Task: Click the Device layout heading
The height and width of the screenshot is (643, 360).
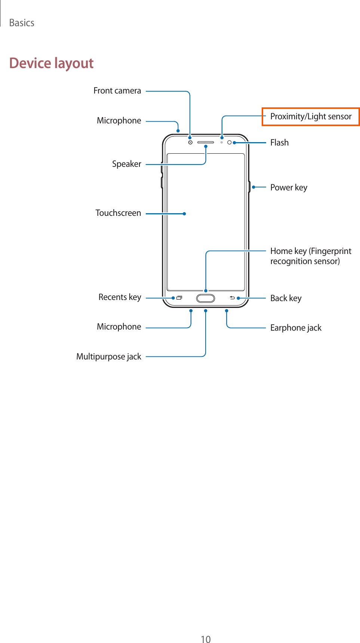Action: (x=51, y=63)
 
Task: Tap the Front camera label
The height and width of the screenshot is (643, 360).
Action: (x=117, y=91)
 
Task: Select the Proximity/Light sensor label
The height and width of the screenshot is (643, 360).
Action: (x=311, y=117)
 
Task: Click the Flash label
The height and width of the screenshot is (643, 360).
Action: (x=279, y=143)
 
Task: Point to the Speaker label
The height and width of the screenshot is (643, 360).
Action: (x=126, y=164)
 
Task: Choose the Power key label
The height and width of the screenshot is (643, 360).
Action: (x=289, y=187)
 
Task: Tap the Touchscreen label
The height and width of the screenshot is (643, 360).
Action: (x=118, y=213)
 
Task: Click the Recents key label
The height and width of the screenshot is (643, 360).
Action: (x=120, y=297)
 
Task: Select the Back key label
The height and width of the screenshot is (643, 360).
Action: (x=286, y=298)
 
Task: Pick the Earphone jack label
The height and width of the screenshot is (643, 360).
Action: (x=296, y=328)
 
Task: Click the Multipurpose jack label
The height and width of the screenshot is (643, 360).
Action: (x=108, y=357)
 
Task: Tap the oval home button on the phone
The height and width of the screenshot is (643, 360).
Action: (x=206, y=298)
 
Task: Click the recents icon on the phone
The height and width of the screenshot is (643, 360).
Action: (x=179, y=298)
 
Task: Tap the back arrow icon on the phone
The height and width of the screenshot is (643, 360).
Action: (x=232, y=298)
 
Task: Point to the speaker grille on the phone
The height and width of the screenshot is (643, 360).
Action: (x=206, y=143)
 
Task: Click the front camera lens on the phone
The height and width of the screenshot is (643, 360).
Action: (x=190, y=143)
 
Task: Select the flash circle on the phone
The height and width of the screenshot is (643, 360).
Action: (x=230, y=143)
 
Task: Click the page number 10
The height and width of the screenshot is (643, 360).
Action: (x=206, y=639)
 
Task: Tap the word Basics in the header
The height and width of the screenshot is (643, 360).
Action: (x=22, y=23)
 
